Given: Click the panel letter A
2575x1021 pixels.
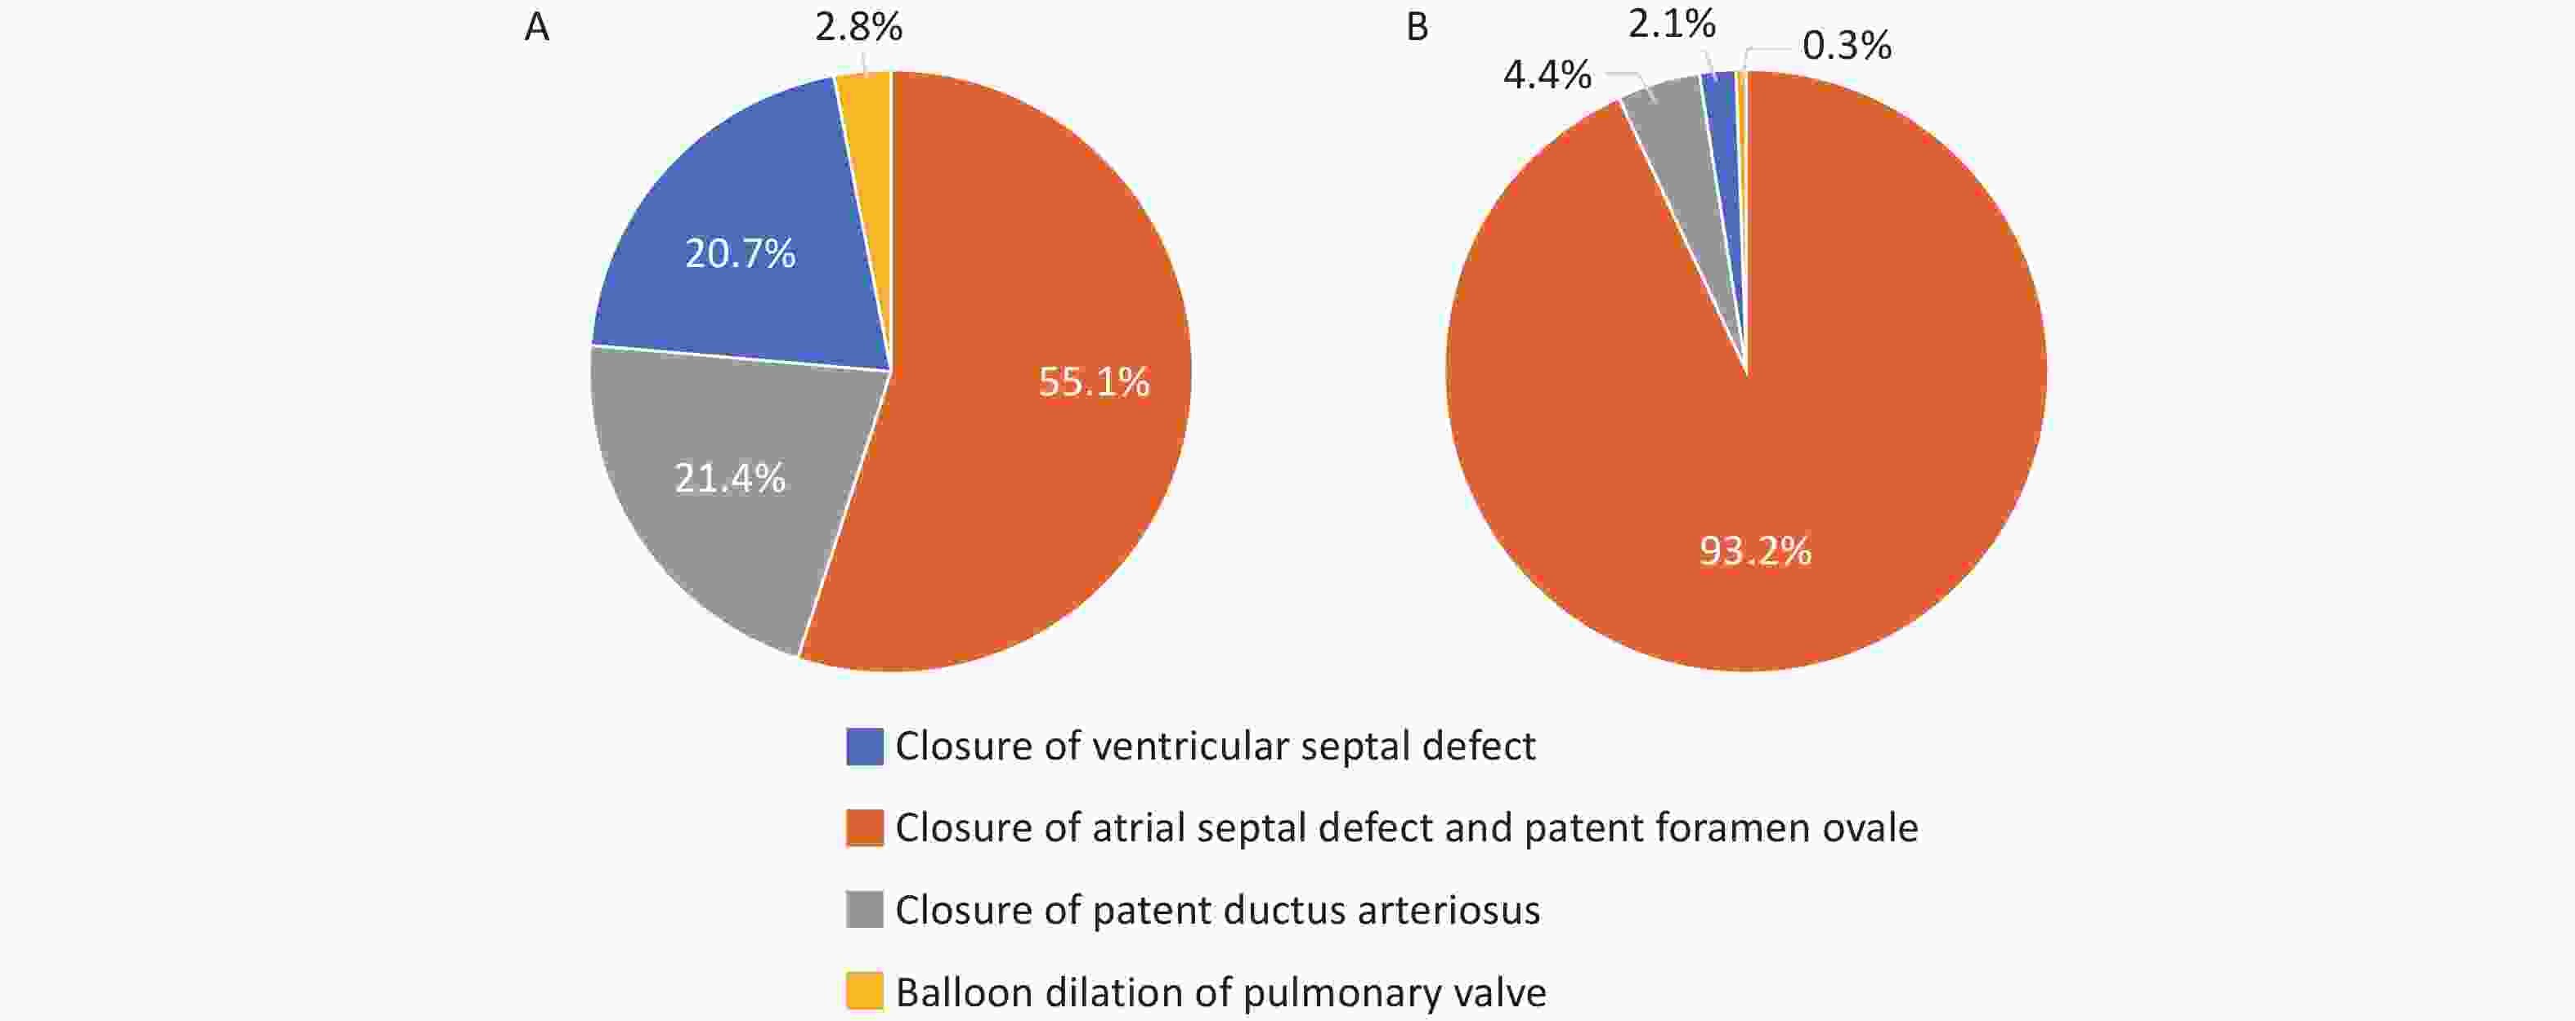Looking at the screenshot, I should [x=537, y=28].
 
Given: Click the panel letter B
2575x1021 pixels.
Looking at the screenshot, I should [x=1417, y=28].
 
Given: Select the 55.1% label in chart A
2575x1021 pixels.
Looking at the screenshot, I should [x=1094, y=381].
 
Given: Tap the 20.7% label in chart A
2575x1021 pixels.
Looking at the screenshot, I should [x=740, y=254].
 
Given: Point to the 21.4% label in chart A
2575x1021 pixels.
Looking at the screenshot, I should [x=730, y=479].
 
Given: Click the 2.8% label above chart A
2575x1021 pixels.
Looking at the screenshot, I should [x=858, y=28].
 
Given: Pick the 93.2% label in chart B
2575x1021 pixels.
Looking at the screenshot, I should [x=1755, y=551].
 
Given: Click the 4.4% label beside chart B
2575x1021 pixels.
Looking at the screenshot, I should [x=1547, y=75].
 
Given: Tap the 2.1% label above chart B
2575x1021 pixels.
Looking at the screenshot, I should [x=1672, y=24].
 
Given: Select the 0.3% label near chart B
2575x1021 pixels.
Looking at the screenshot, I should [x=1847, y=46].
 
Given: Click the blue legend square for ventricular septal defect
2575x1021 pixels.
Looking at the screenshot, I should [x=865, y=747].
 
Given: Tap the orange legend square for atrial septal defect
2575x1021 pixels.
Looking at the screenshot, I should [x=865, y=828].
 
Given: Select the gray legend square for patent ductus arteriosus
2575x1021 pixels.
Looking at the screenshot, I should [x=865, y=910].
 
